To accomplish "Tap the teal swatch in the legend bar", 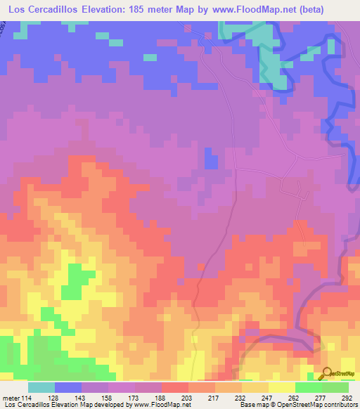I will pos(41,387).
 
